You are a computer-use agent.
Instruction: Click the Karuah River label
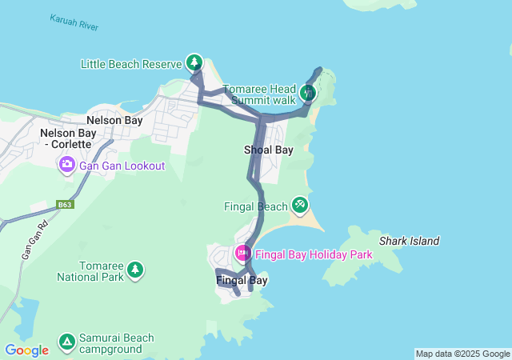(x=74, y=22)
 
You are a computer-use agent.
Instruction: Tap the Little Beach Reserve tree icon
(x=194, y=62)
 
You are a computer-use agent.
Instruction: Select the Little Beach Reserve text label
(x=131, y=63)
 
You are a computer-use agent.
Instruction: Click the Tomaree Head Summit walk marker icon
(x=308, y=93)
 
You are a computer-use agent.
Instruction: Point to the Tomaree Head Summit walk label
(x=258, y=95)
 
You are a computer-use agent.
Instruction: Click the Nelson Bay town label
(x=114, y=121)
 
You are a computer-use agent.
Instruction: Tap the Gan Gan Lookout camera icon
(x=66, y=165)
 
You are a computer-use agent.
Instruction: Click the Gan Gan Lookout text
(x=122, y=166)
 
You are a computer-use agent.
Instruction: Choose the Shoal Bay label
(x=268, y=150)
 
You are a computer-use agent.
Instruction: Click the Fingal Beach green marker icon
(x=300, y=206)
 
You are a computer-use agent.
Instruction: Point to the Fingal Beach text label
(x=255, y=206)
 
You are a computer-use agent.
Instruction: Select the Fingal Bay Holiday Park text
(x=314, y=254)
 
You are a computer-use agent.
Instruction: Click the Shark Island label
(x=409, y=241)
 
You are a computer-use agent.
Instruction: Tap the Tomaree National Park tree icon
(x=135, y=270)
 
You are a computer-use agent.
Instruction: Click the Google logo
(x=26, y=350)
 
